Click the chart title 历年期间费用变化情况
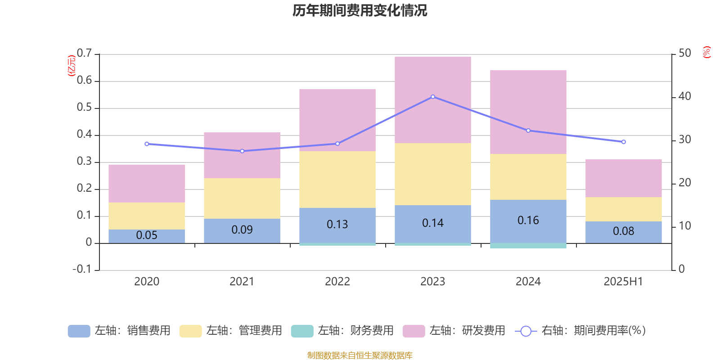(x=360, y=10)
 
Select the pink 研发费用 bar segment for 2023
(x=432, y=100)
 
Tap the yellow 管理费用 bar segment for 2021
(x=242, y=198)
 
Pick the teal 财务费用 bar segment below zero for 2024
(x=528, y=246)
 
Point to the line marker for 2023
(x=433, y=97)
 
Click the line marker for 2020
(x=147, y=144)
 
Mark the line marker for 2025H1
(x=623, y=142)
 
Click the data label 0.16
(x=528, y=220)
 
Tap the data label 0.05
(x=147, y=235)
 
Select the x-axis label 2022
(x=337, y=282)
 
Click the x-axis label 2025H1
(x=623, y=282)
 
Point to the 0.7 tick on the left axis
(x=84, y=54)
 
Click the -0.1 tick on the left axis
(x=82, y=269)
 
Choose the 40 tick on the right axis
(x=684, y=96)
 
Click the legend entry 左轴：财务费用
(x=342, y=331)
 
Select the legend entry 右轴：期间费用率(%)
(x=580, y=331)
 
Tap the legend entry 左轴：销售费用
(x=119, y=331)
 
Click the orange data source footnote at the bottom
(x=360, y=355)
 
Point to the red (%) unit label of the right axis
(x=706, y=52)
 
